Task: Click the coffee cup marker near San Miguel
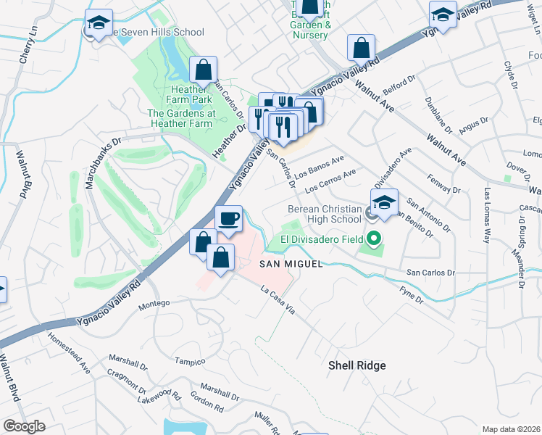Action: coord(228,218)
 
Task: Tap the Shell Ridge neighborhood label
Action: coord(357,366)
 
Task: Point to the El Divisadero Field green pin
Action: coord(374,238)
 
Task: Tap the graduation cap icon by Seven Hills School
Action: coord(98,23)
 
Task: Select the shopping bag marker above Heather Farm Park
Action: coord(204,70)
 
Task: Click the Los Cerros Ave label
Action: coord(331,181)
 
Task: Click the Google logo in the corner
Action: coord(24,426)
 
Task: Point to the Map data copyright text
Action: coord(511,428)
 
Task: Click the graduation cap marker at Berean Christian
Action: coord(384,202)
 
